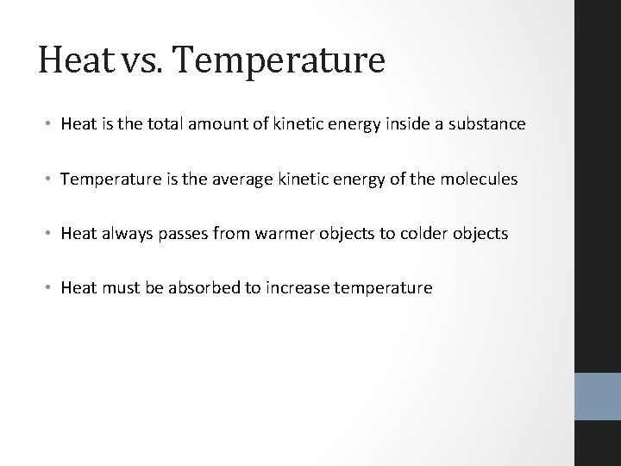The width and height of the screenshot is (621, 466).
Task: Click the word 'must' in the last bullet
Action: click(114, 287)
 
